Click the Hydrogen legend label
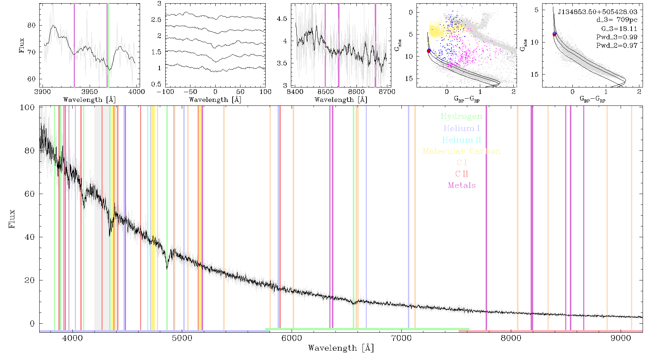click(462, 116)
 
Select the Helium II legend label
click(462, 140)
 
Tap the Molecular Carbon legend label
click(462, 151)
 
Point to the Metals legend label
click(462, 185)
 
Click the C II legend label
click(462, 174)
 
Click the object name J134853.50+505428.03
click(598, 12)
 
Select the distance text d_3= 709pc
click(617, 20)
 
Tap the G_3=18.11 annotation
click(619, 28)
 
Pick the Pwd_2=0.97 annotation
click(617, 45)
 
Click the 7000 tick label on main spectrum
click(401, 338)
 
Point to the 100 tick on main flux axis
click(27, 107)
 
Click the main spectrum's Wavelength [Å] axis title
click(341, 348)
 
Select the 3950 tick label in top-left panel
click(89, 92)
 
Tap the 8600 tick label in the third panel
click(356, 92)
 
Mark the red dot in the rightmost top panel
click(554, 35)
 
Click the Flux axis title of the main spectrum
click(12, 219)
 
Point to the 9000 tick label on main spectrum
click(620, 338)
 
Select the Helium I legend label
click(462, 128)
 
